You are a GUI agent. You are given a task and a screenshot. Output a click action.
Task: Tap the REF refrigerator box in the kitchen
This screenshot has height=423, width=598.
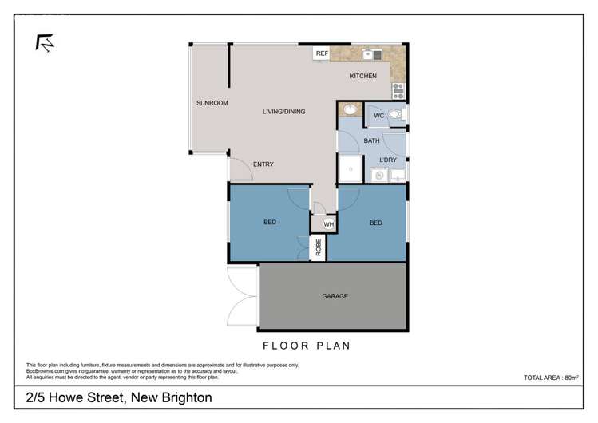322,53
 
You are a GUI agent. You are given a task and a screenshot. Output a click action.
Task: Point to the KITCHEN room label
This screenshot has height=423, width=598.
363,76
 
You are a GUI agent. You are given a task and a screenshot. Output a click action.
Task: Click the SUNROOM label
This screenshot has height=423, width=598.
212,103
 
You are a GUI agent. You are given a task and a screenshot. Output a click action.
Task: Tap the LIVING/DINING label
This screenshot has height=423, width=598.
283,112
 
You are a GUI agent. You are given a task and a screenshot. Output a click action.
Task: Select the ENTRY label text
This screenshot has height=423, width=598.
263,164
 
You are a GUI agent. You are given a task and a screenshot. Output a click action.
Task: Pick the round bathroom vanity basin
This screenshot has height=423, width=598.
349,111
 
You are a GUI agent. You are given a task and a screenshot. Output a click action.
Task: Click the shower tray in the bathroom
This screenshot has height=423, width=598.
350,168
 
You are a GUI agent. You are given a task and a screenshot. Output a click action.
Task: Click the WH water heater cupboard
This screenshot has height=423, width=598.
327,224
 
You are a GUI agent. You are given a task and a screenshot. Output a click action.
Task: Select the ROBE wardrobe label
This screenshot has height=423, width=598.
318,248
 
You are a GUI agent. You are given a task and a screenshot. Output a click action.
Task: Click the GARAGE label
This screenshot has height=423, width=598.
335,296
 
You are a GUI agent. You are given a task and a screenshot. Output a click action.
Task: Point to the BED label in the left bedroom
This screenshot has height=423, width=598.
270,222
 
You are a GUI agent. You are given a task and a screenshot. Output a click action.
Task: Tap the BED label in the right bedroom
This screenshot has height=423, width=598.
375,223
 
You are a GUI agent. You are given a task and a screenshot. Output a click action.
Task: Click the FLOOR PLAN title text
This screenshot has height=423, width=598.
307,346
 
